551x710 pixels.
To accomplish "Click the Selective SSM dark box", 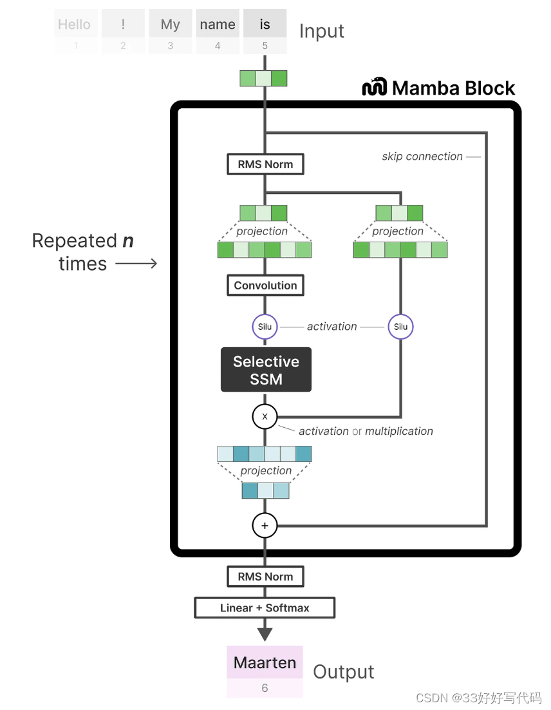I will pyautogui.click(x=266, y=370).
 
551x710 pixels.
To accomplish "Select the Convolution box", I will pyautogui.click(x=265, y=285).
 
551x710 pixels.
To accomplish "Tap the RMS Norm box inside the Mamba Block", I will pyautogui.click(x=265, y=164).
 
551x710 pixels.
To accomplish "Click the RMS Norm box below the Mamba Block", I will pyautogui.click(x=265, y=577).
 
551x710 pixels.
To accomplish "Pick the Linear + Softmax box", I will pyautogui.click(x=265, y=608).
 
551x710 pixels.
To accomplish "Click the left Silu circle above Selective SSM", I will pyautogui.click(x=265, y=327).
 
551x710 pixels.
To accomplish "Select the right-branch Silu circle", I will pyautogui.click(x=400, y=327).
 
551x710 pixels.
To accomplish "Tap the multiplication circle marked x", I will pyautogui.click(x=265, y=417).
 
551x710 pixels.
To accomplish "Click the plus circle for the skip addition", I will pyautogui.click(x=265, y=526).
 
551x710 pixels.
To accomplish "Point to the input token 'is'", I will pyautogui.click(x=265, y=25).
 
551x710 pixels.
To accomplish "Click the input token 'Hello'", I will pyautogui.click(x=75, y=25).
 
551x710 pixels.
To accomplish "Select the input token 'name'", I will pyautogui.click(x=218, y=25).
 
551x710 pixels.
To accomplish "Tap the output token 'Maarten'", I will pyautogui.click(x=265, y=662).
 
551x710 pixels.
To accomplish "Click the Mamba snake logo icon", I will pyautogui.click(x=374, y=87).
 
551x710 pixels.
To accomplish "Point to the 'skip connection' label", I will pyautogui.click(x=422, y=157).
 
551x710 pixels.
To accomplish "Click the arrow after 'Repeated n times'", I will pyautogui.click(x=136, y=264).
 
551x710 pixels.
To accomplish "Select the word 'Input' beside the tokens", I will pyautogui.click(x=321, y=31).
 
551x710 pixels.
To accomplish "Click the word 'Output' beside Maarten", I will pyautogui.click(x=343, y=672).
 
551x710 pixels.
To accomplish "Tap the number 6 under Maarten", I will pyautogui.click(x=265, y=688).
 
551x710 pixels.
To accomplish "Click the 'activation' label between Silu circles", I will pyautogui.click(x=332, y=327).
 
